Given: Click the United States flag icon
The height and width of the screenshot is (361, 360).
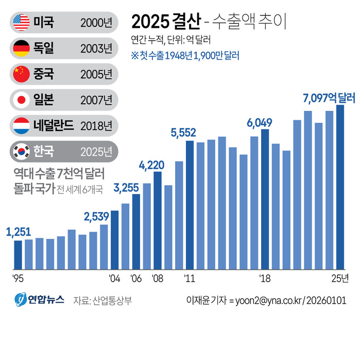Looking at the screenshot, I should [x=22, y=22].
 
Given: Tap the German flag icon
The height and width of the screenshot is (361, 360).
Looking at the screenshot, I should [x=22, y=48].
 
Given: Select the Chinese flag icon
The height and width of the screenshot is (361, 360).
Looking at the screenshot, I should [x=22, y=74].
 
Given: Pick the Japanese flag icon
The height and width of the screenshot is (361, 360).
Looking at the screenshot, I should [x=22, y=99].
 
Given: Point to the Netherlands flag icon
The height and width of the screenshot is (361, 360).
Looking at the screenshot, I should [x=22, y=125].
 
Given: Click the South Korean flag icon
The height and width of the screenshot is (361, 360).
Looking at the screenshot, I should [x=22, y=151].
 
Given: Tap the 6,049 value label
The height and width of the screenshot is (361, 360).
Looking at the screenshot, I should [x=260, y=123].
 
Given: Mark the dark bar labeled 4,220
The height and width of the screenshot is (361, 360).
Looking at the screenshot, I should [x=158, y=220].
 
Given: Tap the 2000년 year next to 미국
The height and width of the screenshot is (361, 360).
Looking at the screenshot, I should [x=96, y=22].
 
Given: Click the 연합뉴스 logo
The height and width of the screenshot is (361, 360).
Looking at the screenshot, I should [x=39, y=300].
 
